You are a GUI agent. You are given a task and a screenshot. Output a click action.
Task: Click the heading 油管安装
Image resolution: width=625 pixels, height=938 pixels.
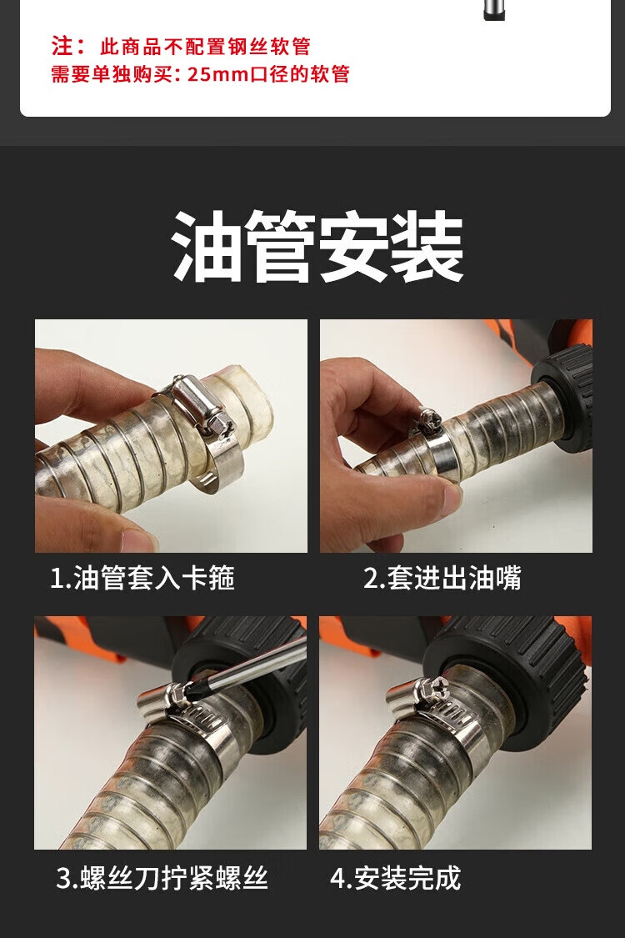(317, 246)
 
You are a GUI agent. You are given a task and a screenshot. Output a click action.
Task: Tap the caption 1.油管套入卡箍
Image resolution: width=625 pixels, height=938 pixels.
(142, 579)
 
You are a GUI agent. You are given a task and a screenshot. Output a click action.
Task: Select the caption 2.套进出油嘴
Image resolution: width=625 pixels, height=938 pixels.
(442, 579)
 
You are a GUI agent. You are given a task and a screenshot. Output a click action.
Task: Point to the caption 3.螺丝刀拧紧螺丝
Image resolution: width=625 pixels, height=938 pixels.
(162, 878)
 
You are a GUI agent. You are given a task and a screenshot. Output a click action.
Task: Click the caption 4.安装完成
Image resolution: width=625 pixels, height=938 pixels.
(395, 878)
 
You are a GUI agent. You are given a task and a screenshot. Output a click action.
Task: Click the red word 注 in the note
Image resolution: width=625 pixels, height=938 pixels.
(62, 46)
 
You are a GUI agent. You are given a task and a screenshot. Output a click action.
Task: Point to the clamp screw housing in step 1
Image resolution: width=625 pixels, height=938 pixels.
(202, 403)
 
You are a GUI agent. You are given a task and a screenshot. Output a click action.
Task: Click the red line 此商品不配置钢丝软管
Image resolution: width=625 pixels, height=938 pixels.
(204, 46)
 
